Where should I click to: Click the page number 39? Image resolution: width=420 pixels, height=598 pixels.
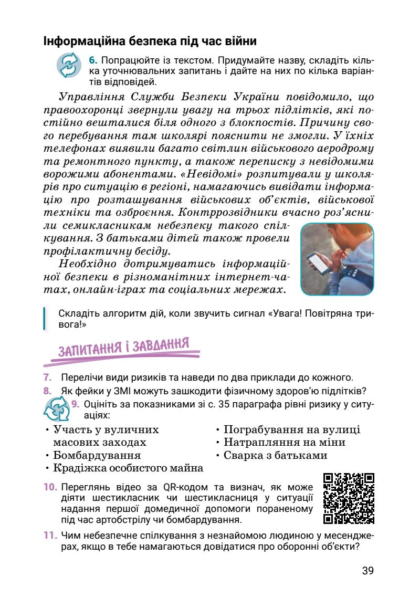click(367, 571)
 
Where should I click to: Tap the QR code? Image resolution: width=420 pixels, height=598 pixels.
click(349, 498)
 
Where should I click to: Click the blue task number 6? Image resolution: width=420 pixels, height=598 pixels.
click(93, 60)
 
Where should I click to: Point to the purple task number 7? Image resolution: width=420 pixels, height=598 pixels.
click(47, 377)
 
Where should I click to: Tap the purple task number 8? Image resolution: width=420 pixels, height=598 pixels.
click(47, 390)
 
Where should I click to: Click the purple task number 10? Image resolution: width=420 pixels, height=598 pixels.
click(50, 487)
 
